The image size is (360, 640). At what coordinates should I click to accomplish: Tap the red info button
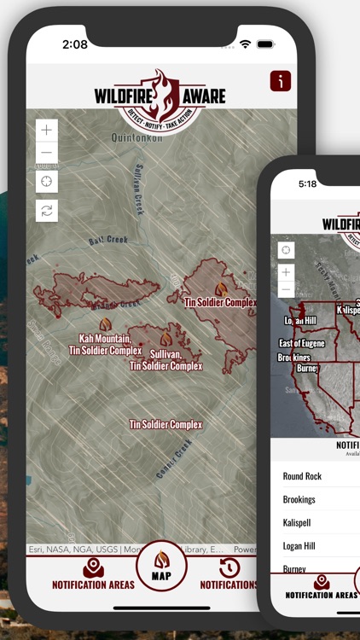[280, 81]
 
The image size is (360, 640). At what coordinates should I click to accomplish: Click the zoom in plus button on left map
[47, 131]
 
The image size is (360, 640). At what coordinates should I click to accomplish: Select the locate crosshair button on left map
[47, 181]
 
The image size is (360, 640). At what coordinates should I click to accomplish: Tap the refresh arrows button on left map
[47, 210]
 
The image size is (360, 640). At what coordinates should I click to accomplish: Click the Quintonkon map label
[136, 137]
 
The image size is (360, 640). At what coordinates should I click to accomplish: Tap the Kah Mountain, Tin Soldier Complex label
[105, 344]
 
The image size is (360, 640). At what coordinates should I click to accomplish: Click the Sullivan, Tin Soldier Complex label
[165, 359]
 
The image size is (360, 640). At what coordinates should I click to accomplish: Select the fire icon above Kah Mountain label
[105, 325]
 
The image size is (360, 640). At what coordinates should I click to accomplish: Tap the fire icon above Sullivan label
[166, 339]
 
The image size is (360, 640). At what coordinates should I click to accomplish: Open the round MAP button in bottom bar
[161, 566]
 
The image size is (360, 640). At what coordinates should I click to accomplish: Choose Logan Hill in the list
[299, 545]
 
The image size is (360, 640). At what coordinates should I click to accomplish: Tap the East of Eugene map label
[302, 343]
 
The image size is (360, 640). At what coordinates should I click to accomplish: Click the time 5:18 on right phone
[307, 183]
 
